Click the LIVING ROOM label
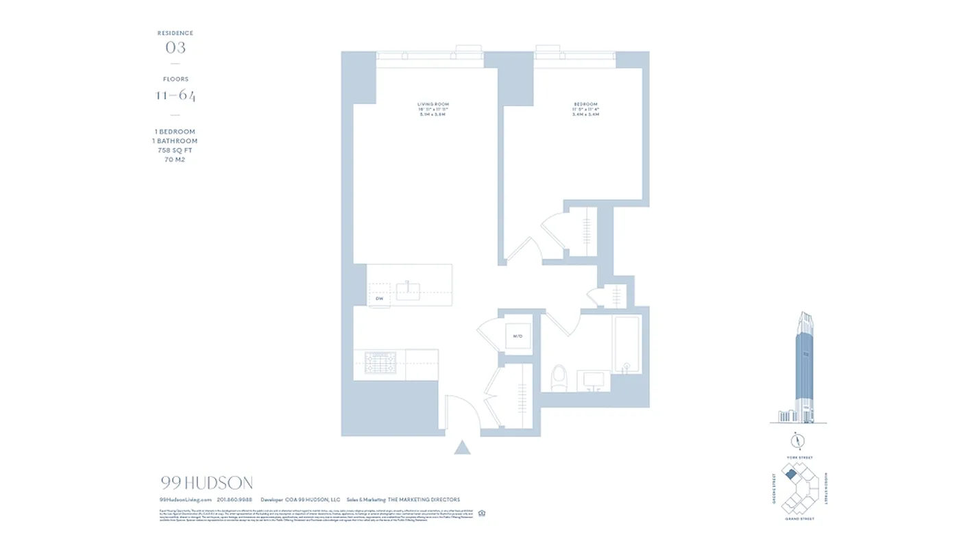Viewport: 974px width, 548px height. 433,104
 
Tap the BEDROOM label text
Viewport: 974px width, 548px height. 585,104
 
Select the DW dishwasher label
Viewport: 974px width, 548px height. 378,299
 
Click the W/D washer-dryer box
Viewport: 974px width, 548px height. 518,336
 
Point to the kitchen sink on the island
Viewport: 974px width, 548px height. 409,291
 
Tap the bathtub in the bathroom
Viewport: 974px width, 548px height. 627,344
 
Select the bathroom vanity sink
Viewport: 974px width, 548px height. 594,379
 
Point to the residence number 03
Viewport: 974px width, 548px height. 175,47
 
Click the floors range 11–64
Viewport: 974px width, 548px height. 175,95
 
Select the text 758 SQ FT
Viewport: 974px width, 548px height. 175,150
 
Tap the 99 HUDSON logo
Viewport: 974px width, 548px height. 206,483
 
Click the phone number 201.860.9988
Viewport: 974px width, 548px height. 234,500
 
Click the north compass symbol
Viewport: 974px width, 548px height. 798,440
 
